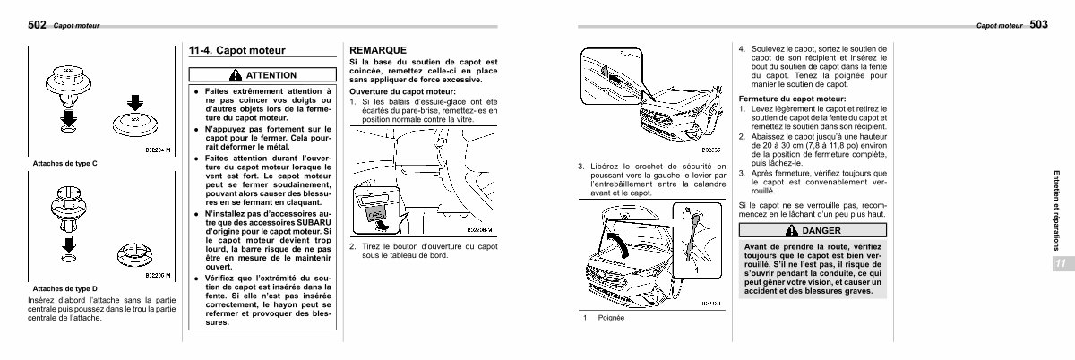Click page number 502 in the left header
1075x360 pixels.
[39, 25]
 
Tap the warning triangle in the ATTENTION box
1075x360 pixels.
[235, 75]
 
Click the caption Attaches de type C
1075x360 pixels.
[64, 164]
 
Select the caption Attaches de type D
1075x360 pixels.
[64, 288]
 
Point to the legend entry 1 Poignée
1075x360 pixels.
[603, 319]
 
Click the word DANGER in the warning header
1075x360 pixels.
[821, 231]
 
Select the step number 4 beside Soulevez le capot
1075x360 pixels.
[741, 50]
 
